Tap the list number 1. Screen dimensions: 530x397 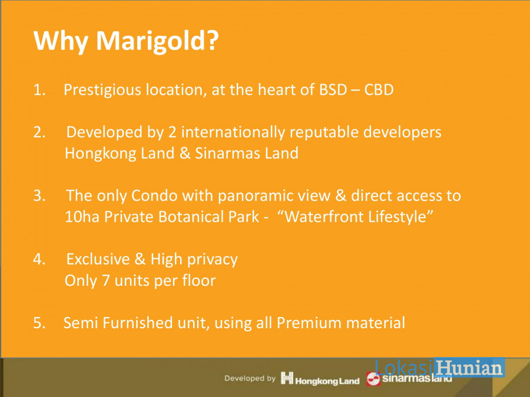coord(39,90)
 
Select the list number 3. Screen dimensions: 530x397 coord(39,196)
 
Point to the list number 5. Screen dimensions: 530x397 coord(39,323)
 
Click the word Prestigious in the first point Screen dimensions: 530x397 coord(102,90)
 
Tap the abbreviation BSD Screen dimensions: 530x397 coord(333,90)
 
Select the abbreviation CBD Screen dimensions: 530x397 coord(379,90)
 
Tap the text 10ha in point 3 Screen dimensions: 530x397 coord(82,217)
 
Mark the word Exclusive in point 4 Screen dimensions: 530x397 coord(98,259)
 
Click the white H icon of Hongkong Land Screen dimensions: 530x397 coord(287,378)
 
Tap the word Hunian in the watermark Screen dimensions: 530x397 coord(469,368)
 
